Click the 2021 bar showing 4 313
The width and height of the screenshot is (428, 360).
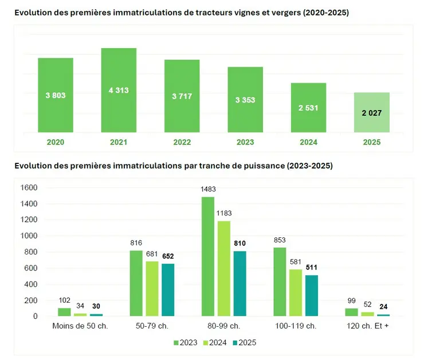pyautogui.click(x=119, y=90)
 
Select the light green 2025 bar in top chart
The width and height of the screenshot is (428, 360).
pyautogui.click(x=371, y=112)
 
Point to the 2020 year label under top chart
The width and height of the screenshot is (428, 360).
pyautogui.click(x=56, y=143)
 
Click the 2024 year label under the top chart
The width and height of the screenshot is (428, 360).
pyautogui.click(x=308, y=143)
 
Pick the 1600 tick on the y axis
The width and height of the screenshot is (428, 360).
pyautogui.click(x=29, y=187)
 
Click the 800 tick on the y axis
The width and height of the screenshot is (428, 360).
pyautogui.click(x=31, y=252)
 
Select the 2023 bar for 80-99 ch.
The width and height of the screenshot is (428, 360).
pyautogui.click(x=207, y=256)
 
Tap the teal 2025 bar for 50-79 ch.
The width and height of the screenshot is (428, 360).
pyautogui.click(x=168, y=289)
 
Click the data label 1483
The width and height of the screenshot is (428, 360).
pyautogui.click(x=207, y=189)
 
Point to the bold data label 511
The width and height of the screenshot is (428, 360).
pyautogui.click(x=311, y=267)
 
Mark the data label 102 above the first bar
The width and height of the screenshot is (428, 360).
pyautogui.click(x=64, y=300)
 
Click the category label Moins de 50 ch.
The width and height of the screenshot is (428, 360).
pyautogui.click(x=80, y=326)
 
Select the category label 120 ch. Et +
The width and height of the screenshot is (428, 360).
pyautogui.click(x=367, y=326)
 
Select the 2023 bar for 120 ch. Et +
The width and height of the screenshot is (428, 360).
pyautogui.click(x=351, y=312)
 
